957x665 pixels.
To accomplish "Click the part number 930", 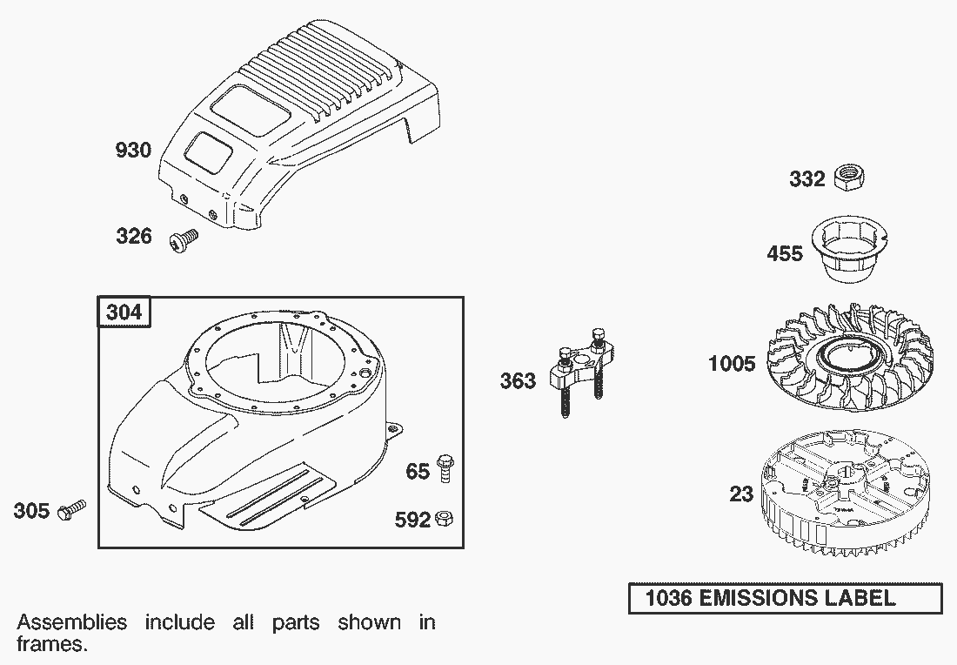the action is pos(133,150).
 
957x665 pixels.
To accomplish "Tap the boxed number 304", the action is pos(124,312).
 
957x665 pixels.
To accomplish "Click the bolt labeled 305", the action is pos(71,511).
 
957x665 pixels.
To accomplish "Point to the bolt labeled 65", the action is pos(445,469).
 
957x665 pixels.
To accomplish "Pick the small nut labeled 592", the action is pos(445,519).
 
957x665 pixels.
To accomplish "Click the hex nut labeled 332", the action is pos(848,178).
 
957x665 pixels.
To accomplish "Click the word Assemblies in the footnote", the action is pos(72,622).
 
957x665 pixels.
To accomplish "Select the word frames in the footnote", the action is pos(52,644).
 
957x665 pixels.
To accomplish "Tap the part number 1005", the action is pos(732,364).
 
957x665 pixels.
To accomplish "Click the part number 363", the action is pos(518,381).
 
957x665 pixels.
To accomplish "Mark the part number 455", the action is pos(784,252).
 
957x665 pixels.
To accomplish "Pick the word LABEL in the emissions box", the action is pos(860,598).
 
